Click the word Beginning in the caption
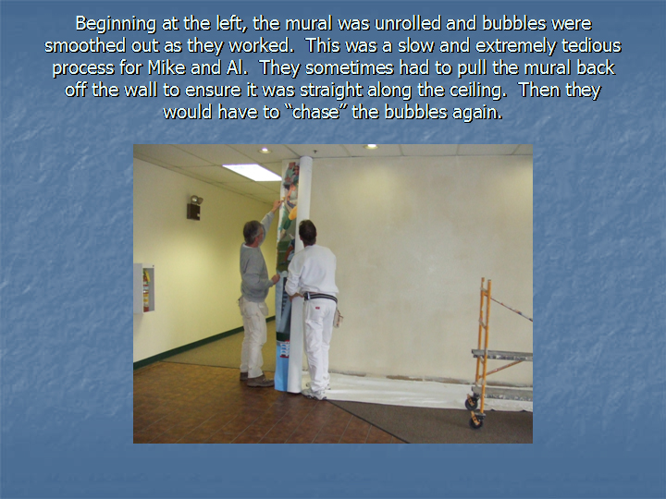[x=116, y=24]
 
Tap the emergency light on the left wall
[x=194, y=208]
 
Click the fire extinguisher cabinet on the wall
[x=144, y=288]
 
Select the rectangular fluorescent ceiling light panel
[x=252, y=172]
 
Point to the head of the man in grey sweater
[x=253, y=232]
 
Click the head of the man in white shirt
[x=307, y=232]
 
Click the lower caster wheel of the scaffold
[x=475, y=421]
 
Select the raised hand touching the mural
[x=277, y=205]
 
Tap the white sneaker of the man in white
[x=314, y=395]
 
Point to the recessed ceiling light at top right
[x=370, y=146]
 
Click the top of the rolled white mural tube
[x=306, y=159]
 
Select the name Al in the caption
[x=234, y=67]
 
